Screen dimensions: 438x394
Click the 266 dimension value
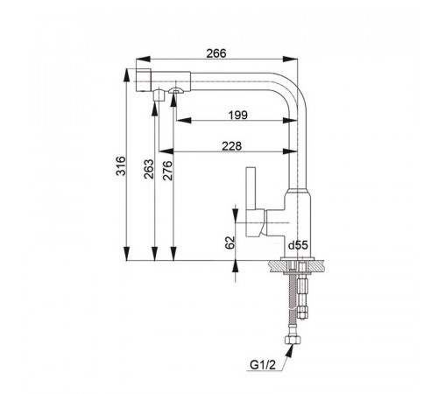[216, 53]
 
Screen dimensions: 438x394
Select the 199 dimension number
[238, 116]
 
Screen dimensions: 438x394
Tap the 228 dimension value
[232, 146]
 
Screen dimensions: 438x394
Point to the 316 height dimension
[121, 165]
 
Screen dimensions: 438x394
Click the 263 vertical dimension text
[149, 169]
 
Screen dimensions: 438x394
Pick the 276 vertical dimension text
[167, 171]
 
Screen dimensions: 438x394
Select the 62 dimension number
[230, 243]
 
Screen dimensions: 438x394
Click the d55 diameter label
[298, 245]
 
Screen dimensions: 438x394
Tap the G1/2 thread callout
[263, 365]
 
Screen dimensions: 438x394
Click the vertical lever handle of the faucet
[251, 188]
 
